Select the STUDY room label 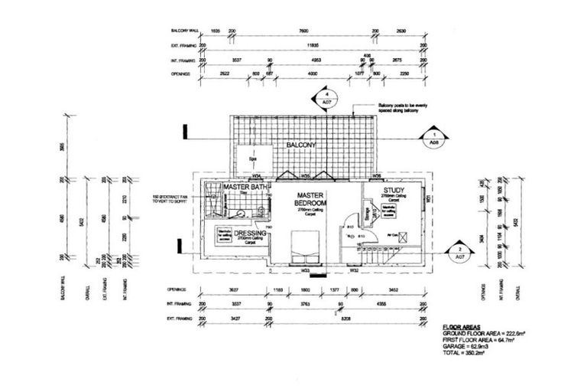click(x=394, y=191)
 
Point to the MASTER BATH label click(x=242, y=187)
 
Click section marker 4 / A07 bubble click(x=326, y=97)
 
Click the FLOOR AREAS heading click(x=461, y=325)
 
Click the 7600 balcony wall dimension click(x=303, y=31)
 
